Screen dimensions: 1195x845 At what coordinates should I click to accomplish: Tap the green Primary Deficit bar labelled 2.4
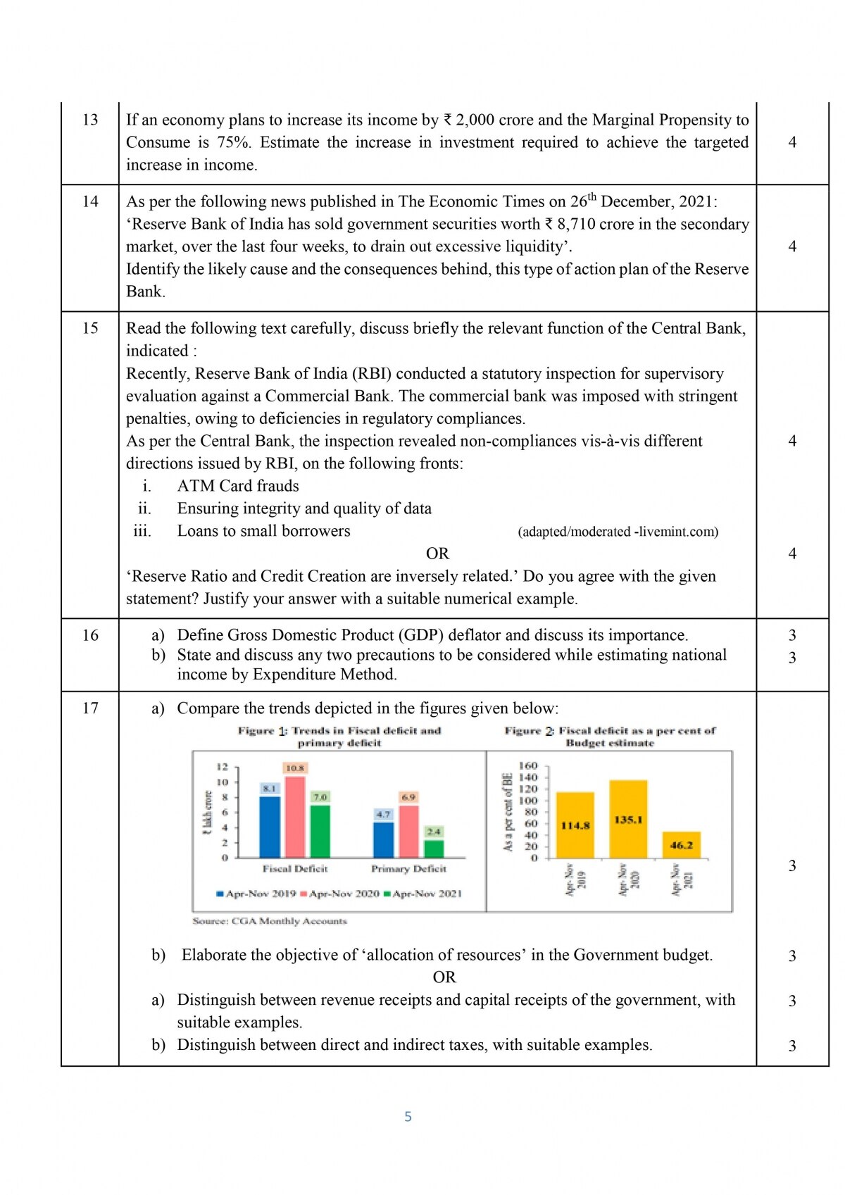click(434, 849)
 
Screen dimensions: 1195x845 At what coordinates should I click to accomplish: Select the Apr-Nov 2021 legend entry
click(423, 894)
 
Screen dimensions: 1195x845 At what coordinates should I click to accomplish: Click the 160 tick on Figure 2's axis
click(528, 765)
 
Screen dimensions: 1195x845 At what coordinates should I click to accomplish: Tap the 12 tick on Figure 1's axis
click(222, 767)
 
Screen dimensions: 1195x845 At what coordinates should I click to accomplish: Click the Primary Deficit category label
click(408, 869)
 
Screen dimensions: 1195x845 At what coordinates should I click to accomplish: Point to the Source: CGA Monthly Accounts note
click(270, 921)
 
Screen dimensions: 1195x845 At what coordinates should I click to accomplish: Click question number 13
click(90, 120)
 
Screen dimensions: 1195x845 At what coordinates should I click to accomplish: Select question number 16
click(90, 635)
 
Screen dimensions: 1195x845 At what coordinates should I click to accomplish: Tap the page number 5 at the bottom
click(408, 1116)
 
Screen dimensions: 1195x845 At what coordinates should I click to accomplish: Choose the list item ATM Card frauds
click(238, 486)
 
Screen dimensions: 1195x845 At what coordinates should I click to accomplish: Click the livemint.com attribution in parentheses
click(618, 532)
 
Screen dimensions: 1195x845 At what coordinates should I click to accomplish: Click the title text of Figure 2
click(610, 737)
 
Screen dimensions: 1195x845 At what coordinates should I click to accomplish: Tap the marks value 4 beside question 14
click(792, 246)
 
